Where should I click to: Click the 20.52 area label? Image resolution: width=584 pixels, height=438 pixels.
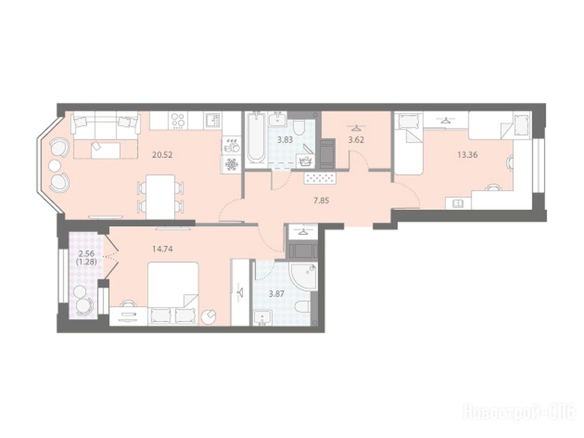coord(163,154)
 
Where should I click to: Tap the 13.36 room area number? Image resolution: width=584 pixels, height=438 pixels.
coord(468,154)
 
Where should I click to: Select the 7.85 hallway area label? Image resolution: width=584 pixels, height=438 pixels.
coord(321,200)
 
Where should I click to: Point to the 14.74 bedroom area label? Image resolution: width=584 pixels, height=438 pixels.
coord(163,249)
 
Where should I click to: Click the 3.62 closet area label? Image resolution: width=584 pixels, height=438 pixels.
coord(356,140)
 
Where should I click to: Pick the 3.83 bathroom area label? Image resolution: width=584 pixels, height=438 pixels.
coord(285,140)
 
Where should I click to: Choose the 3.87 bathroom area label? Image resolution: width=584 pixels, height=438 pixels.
coord(277,294)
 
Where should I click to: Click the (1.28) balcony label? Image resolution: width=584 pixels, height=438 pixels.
coord(87,262)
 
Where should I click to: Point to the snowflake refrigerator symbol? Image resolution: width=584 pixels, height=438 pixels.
coord(232,164)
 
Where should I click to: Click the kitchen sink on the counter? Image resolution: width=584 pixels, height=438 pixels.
coord(213,120)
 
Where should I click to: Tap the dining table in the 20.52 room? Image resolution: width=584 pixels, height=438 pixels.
coord(160,197)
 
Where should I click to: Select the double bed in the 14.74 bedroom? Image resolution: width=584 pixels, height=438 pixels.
coord(173,294)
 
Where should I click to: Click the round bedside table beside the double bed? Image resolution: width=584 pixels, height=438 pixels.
coord(209,317)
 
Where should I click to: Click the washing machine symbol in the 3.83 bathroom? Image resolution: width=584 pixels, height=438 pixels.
coord(305,161)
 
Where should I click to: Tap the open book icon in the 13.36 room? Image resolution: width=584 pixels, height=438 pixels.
coord(458,203)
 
